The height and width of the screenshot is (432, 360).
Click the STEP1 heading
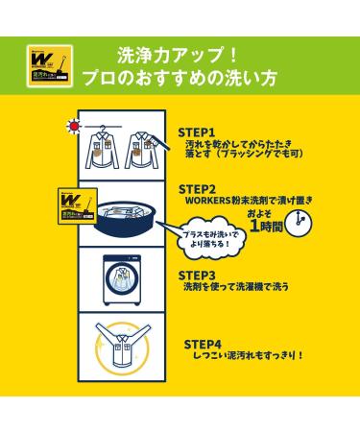point(197,132)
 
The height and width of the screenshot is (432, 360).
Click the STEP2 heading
point(199,189)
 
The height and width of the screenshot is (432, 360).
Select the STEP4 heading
point(203,342)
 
